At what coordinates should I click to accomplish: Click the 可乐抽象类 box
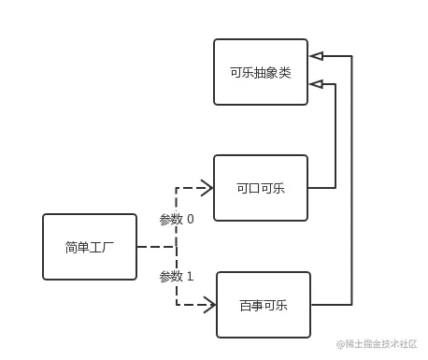click(x=260, y=71)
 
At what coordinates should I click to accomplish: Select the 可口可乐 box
click(x=260, y=188)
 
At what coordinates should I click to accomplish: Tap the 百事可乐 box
click(x=263, y=305)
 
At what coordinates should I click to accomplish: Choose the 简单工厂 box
click(x=90, y=247)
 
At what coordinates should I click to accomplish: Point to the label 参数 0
click(x=177, y=219)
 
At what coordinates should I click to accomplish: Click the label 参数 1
click(x=177, y=276)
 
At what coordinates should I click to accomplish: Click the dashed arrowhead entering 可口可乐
click(x=207, y=188)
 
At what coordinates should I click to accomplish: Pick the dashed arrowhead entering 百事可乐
click(x=209, y=305)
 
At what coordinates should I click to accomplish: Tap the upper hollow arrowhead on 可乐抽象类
click(x=317, y=56)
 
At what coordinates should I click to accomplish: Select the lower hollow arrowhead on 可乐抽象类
click(x=317, y=84)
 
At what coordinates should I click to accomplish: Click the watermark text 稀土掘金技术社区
click(x=383, y=344)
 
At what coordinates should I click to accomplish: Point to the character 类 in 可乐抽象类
click(x=284, y=72)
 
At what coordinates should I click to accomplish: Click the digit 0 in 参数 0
click(x=190, y=220)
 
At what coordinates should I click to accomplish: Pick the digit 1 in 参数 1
click(x=190, y=277)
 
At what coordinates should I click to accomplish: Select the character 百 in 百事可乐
click(x=245, y=306)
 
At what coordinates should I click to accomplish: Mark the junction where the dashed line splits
click(x=177, y=247)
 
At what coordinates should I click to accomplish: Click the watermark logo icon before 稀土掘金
click(x=342, y=344)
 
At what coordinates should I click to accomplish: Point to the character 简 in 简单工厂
click(x=71, y=248)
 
